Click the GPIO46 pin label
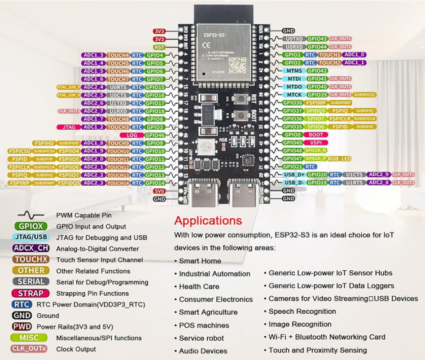155,135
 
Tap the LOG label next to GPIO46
132,135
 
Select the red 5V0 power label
159,191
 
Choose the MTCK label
294,95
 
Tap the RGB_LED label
340,159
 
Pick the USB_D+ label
295,175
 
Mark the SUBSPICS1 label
366,95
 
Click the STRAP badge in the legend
30,293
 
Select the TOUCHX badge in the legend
30,260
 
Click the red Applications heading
207,221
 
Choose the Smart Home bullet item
200,261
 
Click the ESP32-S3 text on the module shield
214,35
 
